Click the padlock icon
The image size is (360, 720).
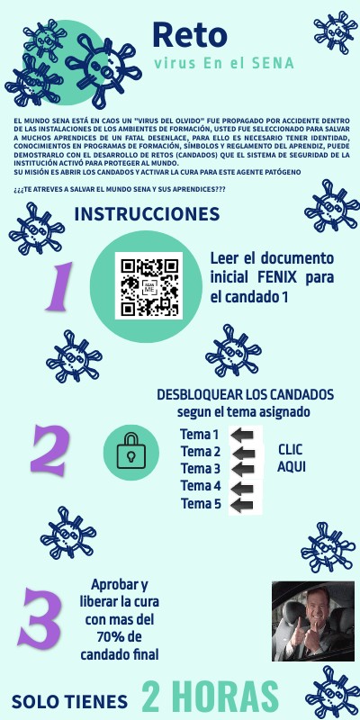pyautogui.click(x=130, y=450)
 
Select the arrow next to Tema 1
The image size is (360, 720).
pyautogui.click(x=242, y=436)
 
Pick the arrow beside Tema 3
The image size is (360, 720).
pyautogui.click(x=242, y=470)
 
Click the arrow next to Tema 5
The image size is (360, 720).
pyautogui.click(x=242, y=504)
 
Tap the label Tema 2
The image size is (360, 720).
pyautogui.click(x=200, y=452)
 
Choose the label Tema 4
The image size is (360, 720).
pyautogui.click(x=200, y=486)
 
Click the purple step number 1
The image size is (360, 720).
pyautogui.click(x=58, y=286)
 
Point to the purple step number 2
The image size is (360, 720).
pyautogui.click(x=51, y=450)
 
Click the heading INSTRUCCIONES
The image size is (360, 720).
pyautogui.click(x=147, y=214)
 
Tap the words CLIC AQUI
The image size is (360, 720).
pyautogui.click(x=291, y=457)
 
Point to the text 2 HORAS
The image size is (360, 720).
pyautogui.click(x=210, y=697)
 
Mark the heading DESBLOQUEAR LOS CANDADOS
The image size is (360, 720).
pyautogui.click(x=245, y=395)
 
